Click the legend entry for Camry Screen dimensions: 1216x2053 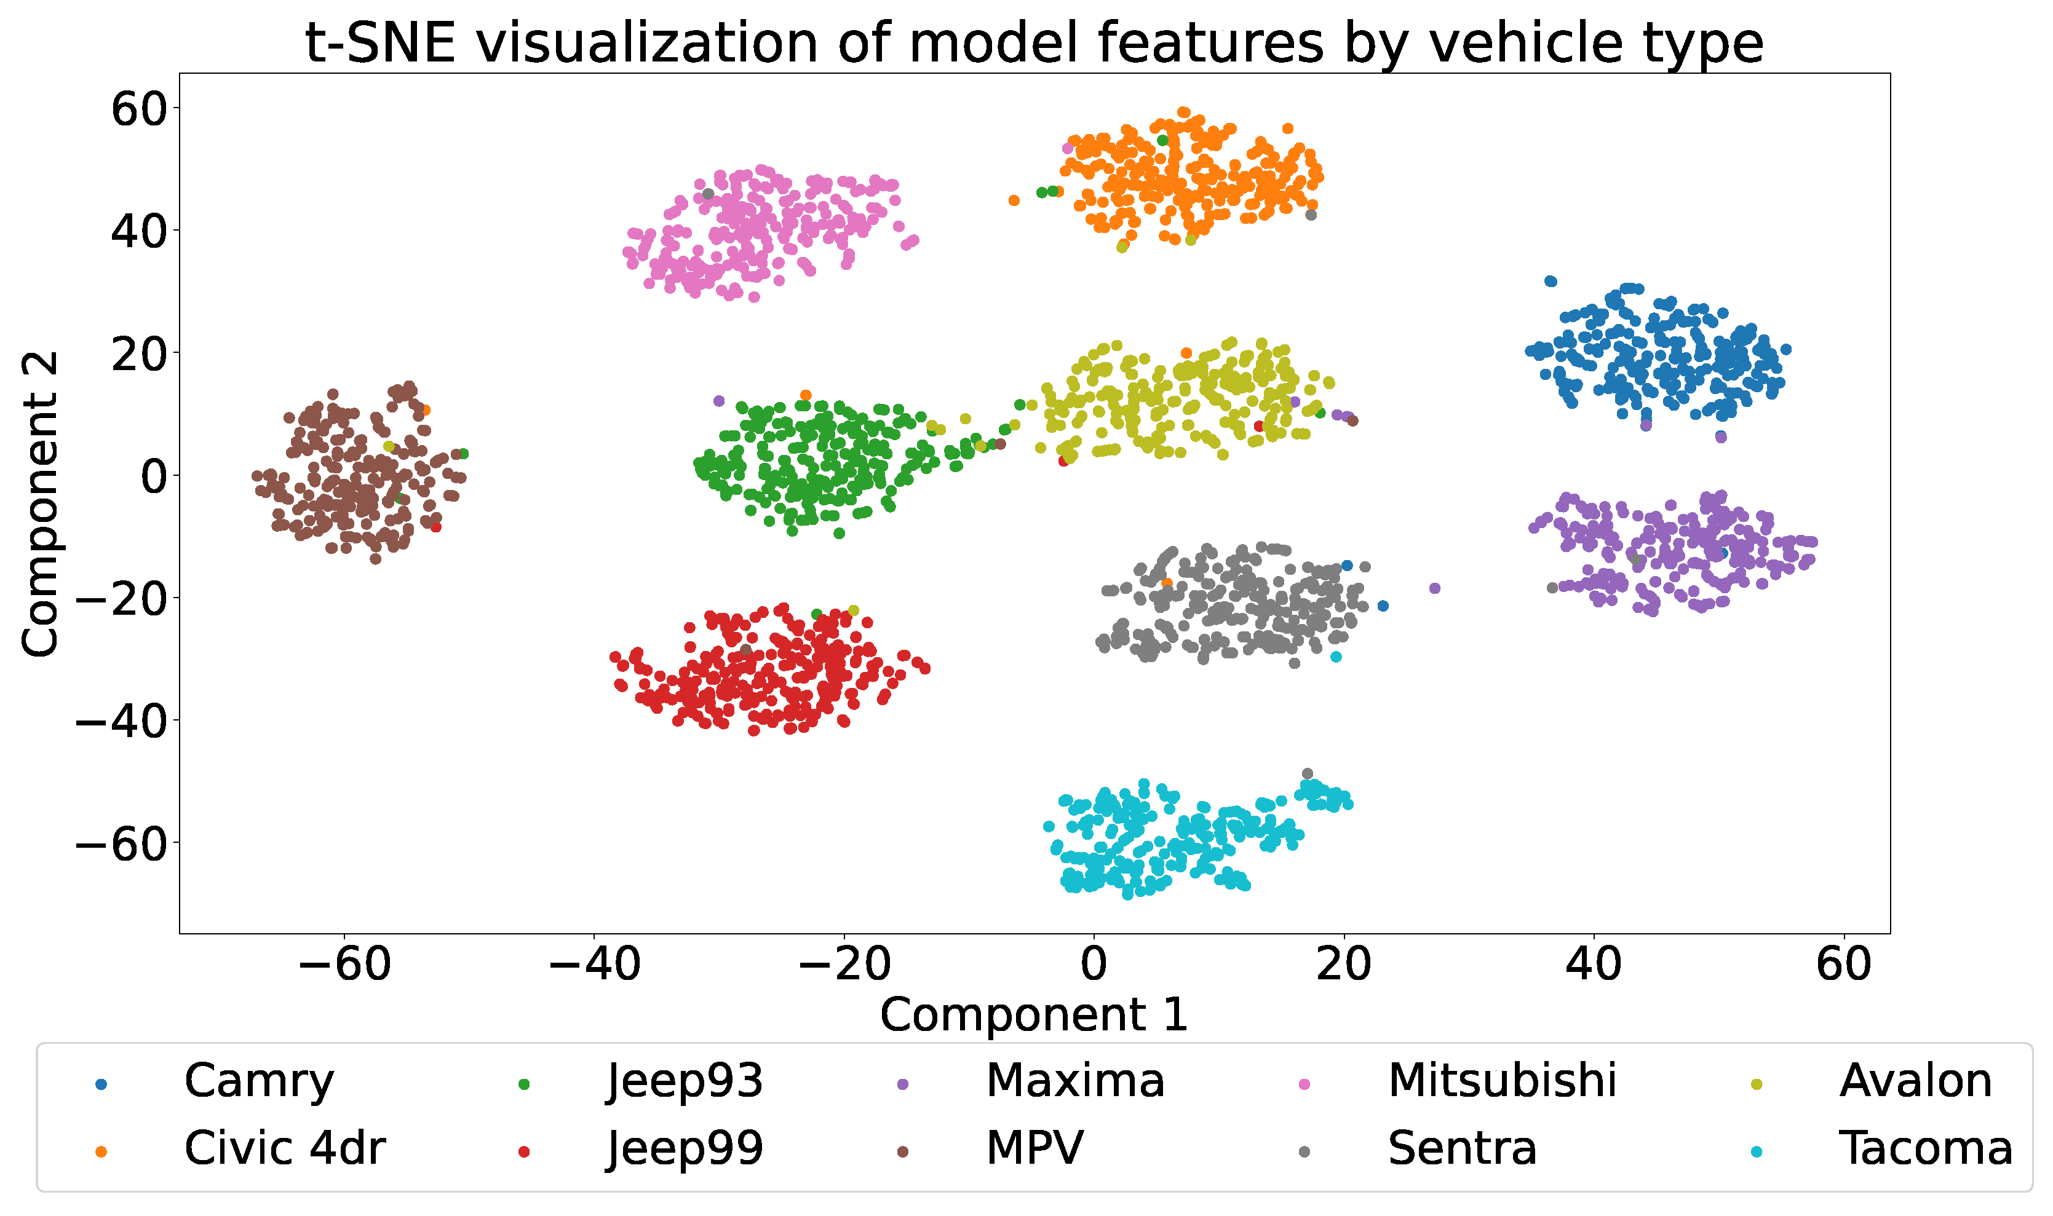pos(259,1081)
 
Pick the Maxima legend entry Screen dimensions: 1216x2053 pos(1074,1081)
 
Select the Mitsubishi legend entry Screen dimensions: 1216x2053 pos(1501,1081)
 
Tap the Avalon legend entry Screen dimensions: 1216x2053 pos(1915,1081)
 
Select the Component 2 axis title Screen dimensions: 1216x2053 pos(39,504)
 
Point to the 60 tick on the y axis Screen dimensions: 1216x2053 pos(140,108)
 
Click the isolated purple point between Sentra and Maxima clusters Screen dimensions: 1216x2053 pos(1434,588)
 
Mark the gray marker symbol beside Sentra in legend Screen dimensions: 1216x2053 pos(1304,1152)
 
